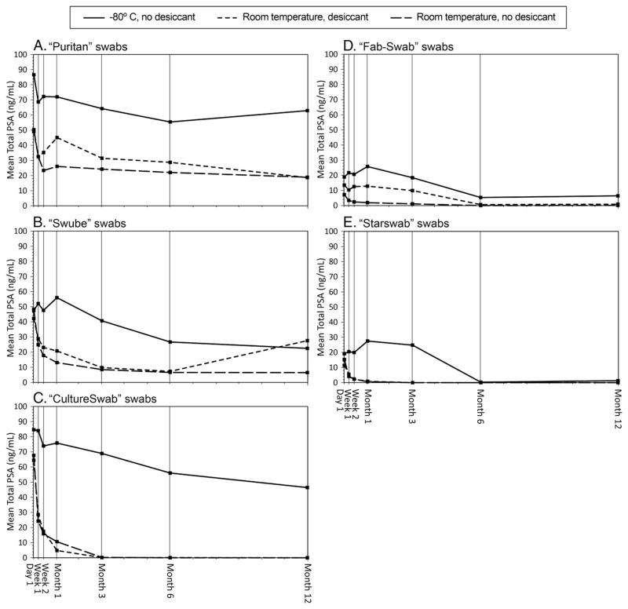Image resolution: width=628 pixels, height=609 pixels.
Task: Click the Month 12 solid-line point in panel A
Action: [x=307, y=111]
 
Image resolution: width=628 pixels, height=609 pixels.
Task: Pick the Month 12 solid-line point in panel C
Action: [x=307, y=487]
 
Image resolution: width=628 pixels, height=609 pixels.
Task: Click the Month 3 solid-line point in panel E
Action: [x=412, y=345]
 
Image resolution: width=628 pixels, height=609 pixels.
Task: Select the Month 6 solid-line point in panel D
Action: [x=480, y=197]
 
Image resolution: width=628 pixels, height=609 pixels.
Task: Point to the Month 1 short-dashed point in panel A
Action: [x=57, y=137]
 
